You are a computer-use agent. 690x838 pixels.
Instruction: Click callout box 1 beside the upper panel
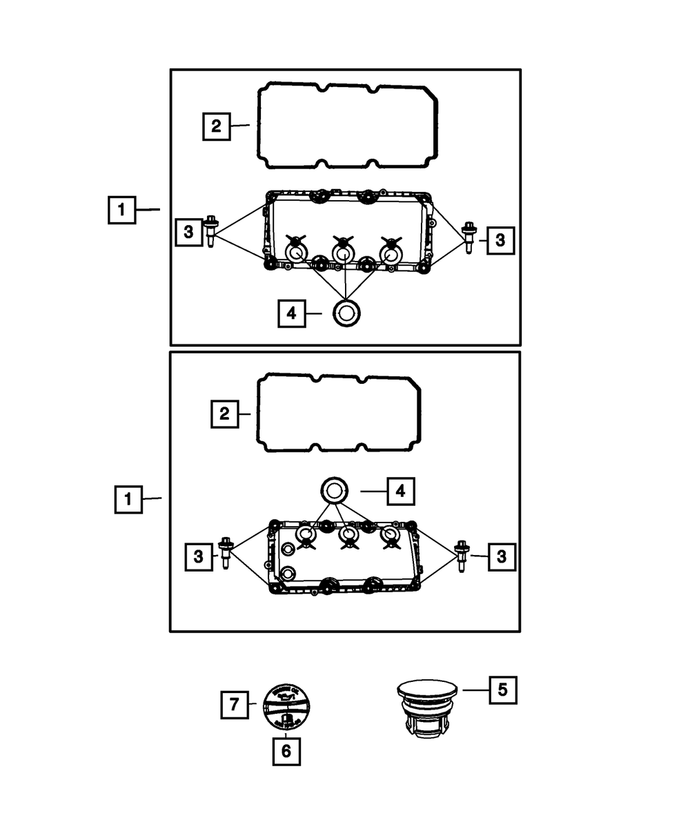[x=121, y=209]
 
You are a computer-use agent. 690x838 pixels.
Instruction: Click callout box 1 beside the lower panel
[x=128, y=498]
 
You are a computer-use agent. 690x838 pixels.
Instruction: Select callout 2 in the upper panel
[x=216, y=126]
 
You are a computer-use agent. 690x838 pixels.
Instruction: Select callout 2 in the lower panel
[x=224, y=414]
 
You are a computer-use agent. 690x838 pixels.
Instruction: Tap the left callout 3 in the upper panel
[x=188, y=232]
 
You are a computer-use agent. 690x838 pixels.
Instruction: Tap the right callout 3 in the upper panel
[x=500, y=240]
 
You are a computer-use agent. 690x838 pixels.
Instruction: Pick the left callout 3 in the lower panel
[x=198, y=556]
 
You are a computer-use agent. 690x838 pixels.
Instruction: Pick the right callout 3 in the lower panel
[x=501, y=556]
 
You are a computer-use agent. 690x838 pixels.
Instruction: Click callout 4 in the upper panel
[x=292, y=313]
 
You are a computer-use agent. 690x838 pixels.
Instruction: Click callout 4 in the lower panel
[x=401, y=491]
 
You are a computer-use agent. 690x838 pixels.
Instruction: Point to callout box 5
[x=502, y=689]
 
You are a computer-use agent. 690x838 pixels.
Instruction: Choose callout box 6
[x=286, y=751]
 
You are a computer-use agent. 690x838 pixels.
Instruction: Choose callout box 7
[x=235, y=704]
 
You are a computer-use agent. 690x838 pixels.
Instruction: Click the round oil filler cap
[x=286, y=708]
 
